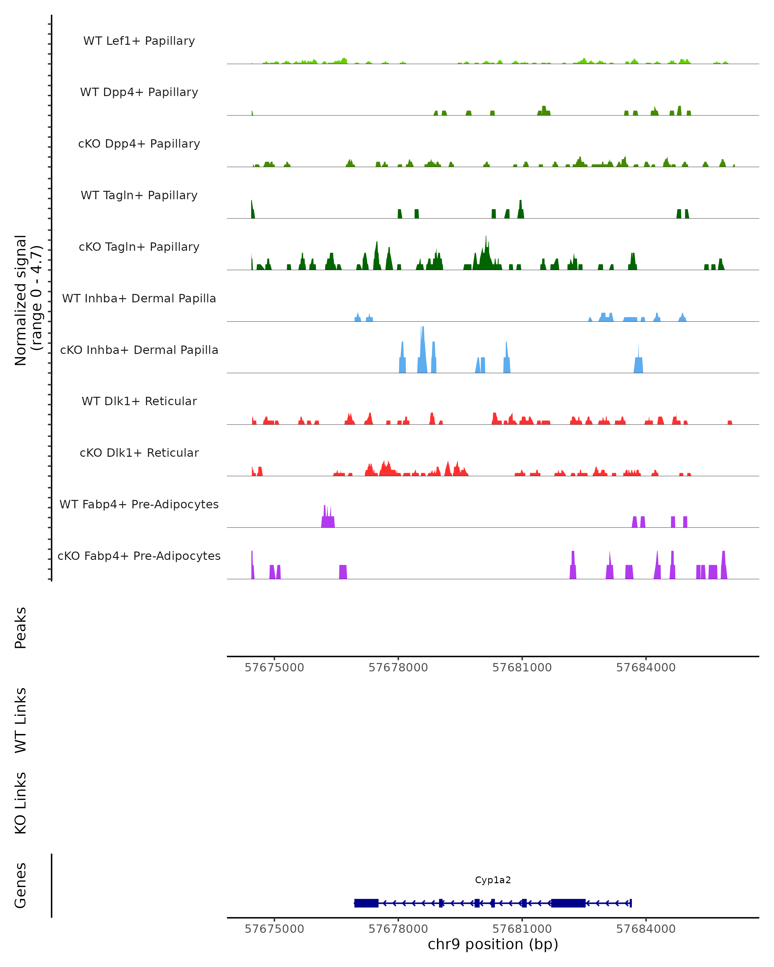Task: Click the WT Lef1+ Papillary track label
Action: (139, 41)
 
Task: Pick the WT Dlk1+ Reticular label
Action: (139, 401)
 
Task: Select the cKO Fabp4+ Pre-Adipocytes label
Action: (139, 556)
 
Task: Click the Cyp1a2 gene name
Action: (493, 880)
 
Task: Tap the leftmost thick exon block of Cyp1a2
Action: (366, 903)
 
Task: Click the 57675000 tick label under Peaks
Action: (274, 668)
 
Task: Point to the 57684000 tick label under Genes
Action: (646, 929)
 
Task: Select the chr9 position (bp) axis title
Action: (493, 944)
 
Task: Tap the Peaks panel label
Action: (20, 628)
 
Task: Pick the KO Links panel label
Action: (20, 803)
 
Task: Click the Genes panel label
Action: (20, 885)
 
